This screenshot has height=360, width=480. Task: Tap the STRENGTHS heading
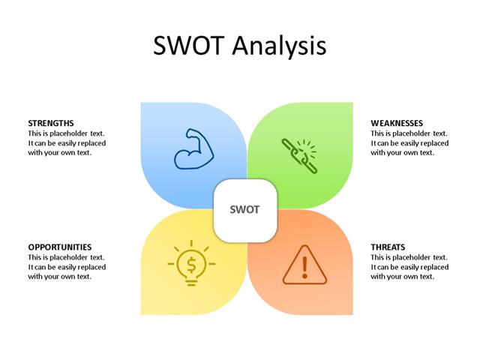click(51, 123)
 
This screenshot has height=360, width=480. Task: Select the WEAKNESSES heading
click(397, 123)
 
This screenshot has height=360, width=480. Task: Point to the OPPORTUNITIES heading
click(60, 247)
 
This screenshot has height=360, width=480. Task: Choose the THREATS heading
click(388, 247)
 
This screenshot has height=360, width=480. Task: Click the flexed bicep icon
click(193, 148)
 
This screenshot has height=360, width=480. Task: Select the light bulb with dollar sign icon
click(192, 264)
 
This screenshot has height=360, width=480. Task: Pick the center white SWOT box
click(245, 210)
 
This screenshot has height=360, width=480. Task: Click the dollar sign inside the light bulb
click(192, 264)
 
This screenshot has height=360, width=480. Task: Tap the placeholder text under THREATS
click(409, 266)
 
